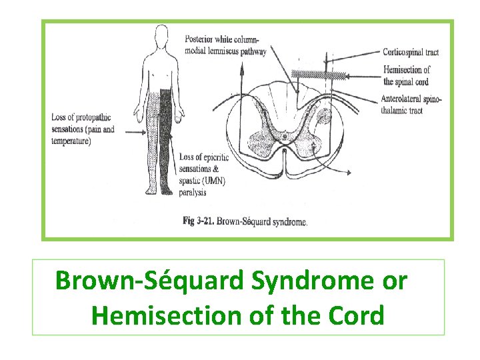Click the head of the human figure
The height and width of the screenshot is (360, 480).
coord(160,34)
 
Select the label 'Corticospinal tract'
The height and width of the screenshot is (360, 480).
coord(411,51)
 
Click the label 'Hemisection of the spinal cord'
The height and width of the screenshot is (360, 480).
coord(407,75)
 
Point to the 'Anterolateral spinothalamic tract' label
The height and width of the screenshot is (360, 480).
coord(412,105)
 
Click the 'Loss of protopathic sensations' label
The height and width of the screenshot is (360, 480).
coord(83,129)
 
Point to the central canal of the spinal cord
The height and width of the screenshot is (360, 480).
coord(285,137)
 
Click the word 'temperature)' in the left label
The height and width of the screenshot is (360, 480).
coord(71,141)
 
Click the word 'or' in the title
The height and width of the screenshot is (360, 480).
coord(393,281)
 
